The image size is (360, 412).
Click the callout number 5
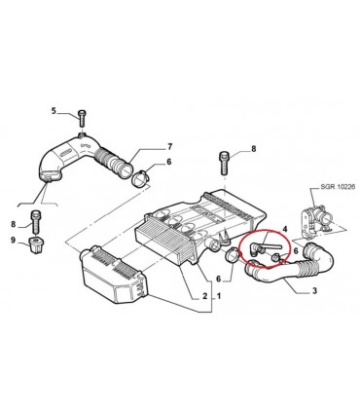[54, 111]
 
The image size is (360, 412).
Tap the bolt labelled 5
[81, 119]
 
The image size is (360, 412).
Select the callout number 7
[169, 147]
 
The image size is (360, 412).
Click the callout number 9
[13, 240]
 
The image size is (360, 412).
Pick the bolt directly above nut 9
[35, 221]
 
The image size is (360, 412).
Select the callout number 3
[314, 290]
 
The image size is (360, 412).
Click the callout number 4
[284, 229]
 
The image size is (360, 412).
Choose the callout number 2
[204, 296]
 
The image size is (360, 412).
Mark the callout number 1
[219, 296]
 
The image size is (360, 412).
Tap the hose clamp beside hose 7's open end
[140, 178]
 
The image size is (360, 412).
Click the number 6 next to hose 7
[168, 162]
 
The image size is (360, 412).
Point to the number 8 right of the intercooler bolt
[254, 149]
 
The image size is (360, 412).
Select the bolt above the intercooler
[225, 163]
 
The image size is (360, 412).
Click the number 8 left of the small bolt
[13, 224]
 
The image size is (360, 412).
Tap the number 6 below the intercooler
[218, 279]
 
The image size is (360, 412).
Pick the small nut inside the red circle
[274, 258]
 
